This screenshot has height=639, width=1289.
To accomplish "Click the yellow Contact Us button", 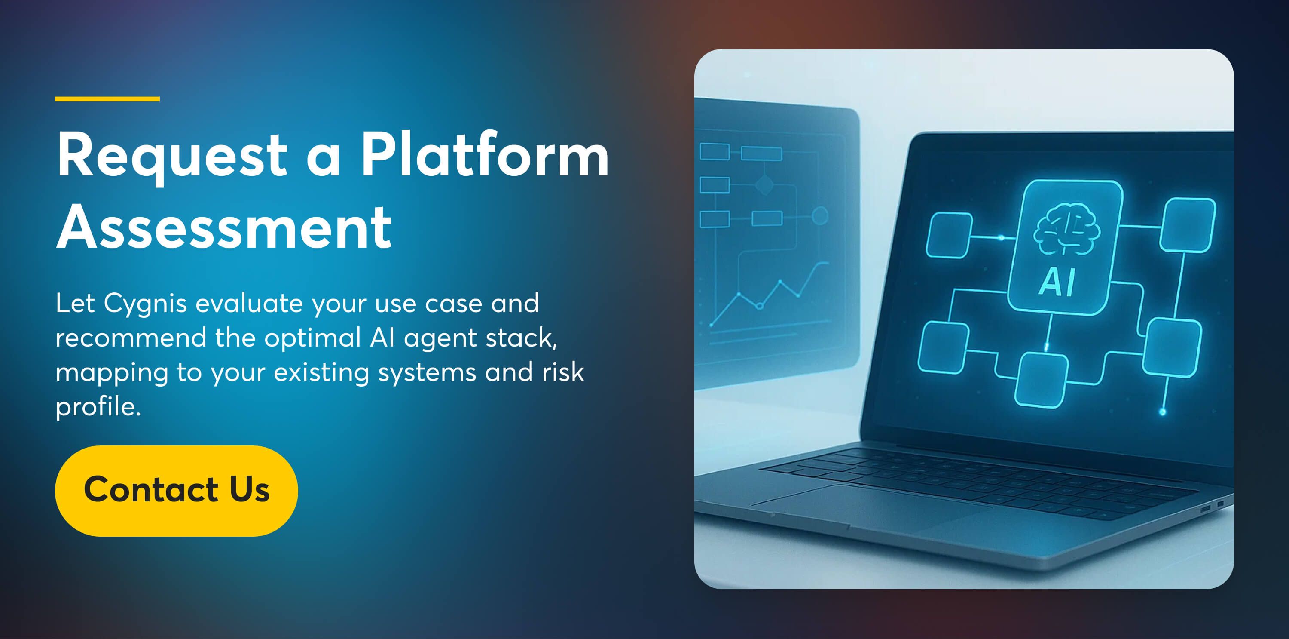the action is coord(176,491).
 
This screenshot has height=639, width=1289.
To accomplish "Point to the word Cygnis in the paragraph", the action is coord(145,304).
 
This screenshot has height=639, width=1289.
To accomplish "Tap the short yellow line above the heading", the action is coord(107,98).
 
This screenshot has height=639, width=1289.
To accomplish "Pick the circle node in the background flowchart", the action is coord(820,216).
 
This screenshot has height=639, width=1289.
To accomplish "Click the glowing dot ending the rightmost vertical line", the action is coord(1162,412).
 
